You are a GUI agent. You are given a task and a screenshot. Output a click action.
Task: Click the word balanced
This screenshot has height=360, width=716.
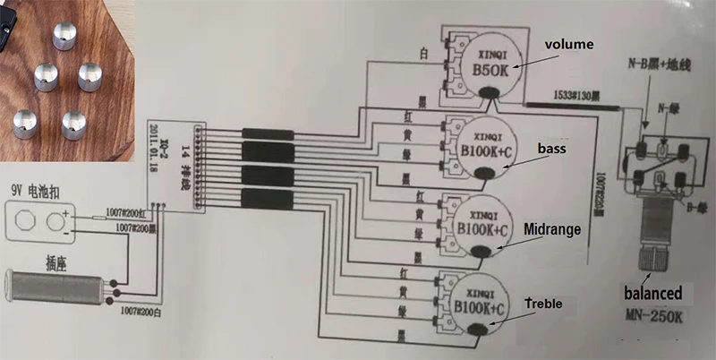(x=652, y=293)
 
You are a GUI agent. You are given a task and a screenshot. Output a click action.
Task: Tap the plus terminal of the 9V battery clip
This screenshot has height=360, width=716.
(x=61, y=219)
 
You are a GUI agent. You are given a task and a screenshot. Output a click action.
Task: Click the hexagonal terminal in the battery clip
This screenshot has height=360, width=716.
(x=27, y=219)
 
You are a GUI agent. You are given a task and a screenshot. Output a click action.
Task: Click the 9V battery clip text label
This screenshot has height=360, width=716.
(x=37, y=191)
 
